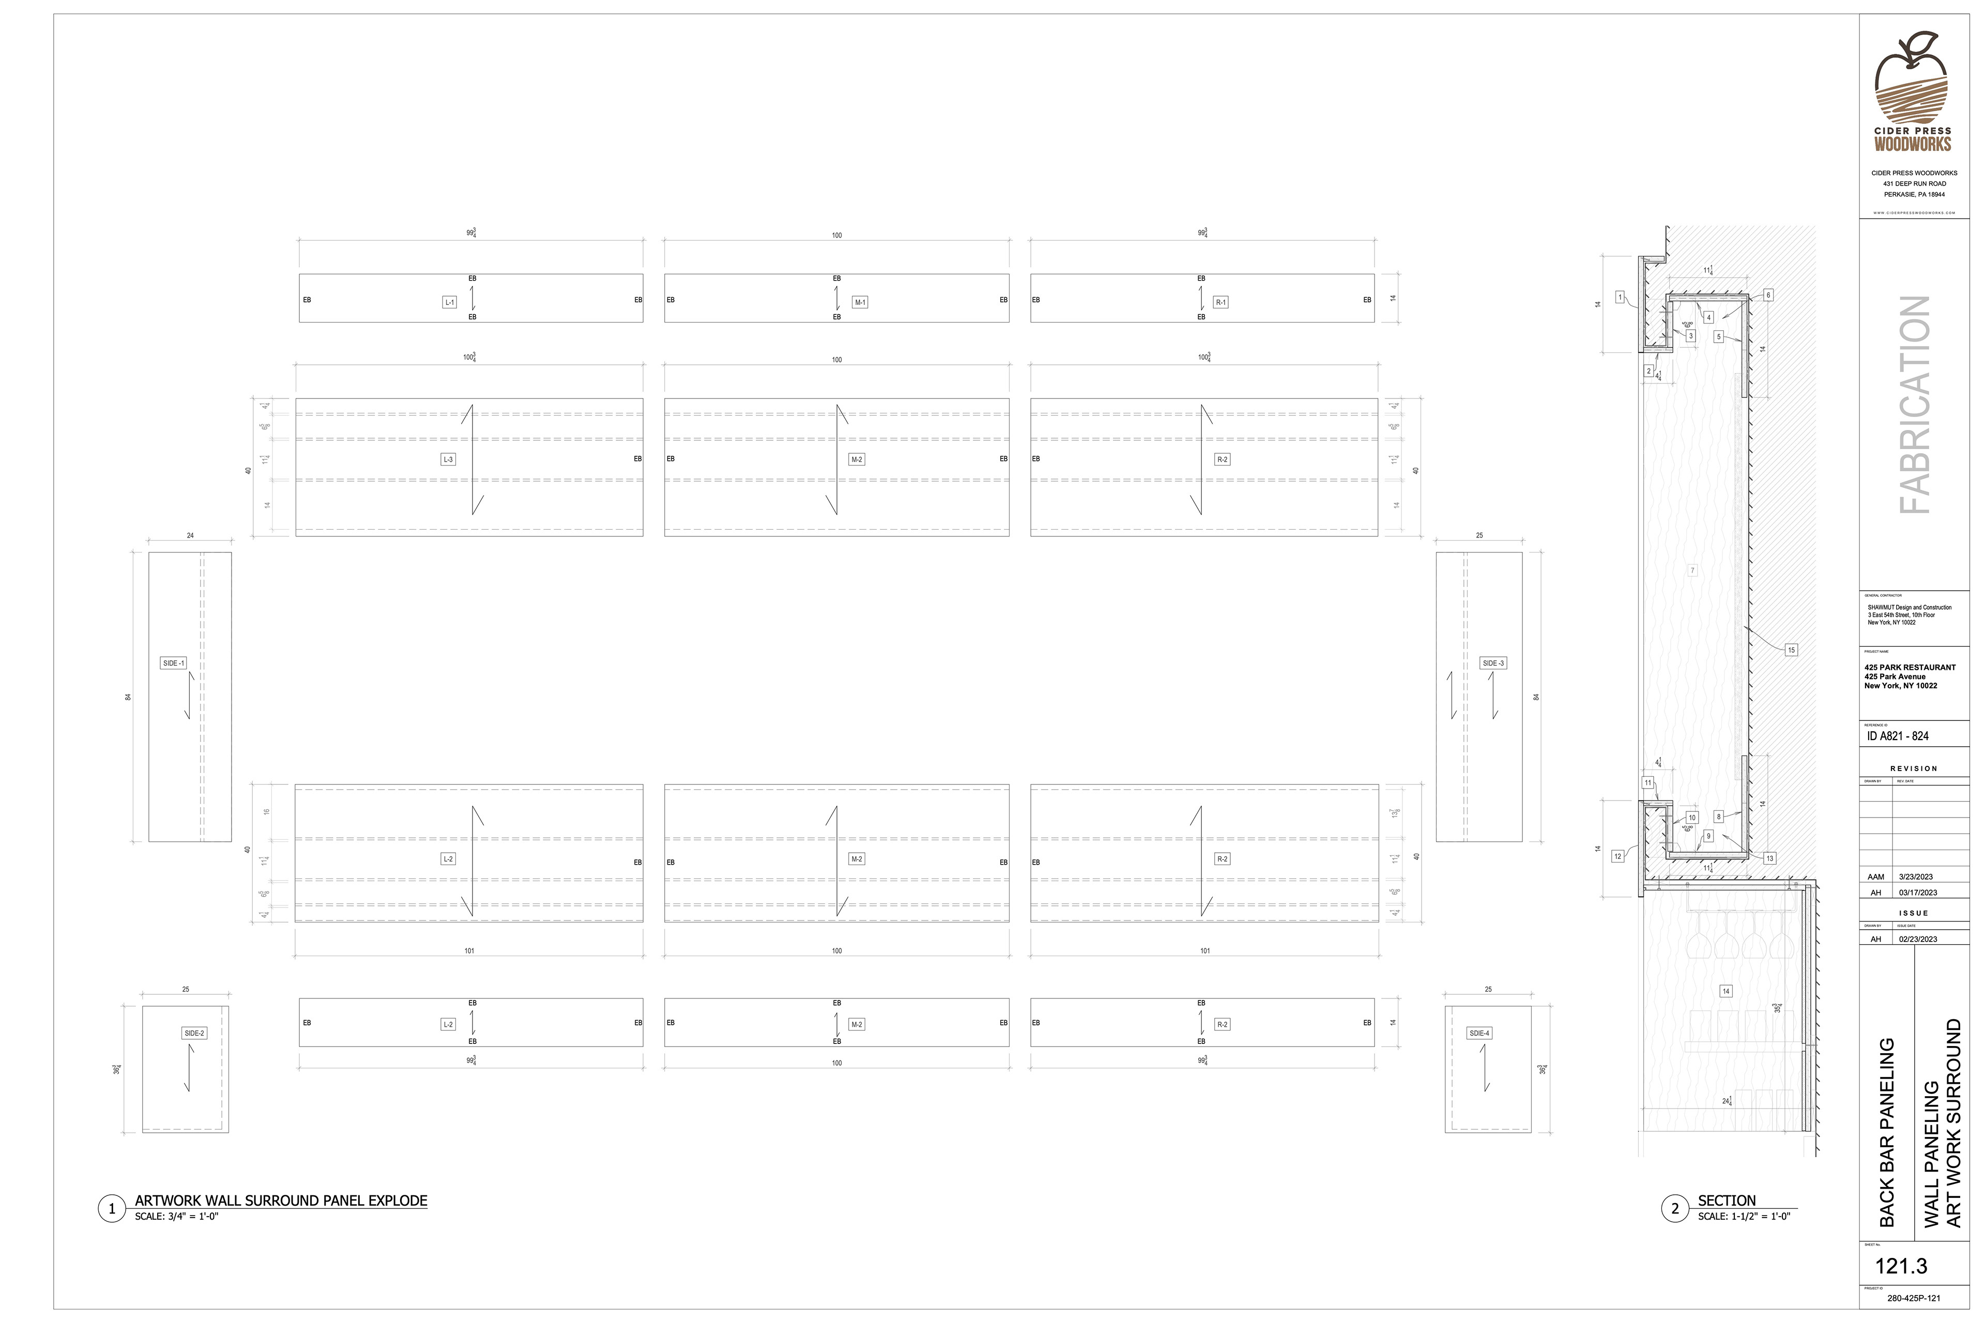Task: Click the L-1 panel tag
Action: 449,302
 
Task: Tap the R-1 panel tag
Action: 1220,302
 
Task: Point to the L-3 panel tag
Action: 448,460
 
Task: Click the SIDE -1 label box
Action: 173,663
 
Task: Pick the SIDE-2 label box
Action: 194,1034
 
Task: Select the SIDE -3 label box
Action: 1493,663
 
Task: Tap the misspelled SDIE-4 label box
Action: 1479,1034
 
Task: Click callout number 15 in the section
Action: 1791,650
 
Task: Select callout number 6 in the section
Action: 1768,295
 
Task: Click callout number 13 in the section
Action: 1769,858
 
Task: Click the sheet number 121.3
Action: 1901,1267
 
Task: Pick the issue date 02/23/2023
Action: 1917,939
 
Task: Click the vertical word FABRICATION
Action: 1914,405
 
